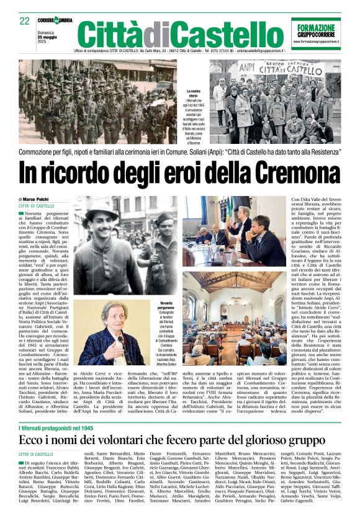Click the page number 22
(x=25, y=21)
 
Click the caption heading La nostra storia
(x=194, y=94)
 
